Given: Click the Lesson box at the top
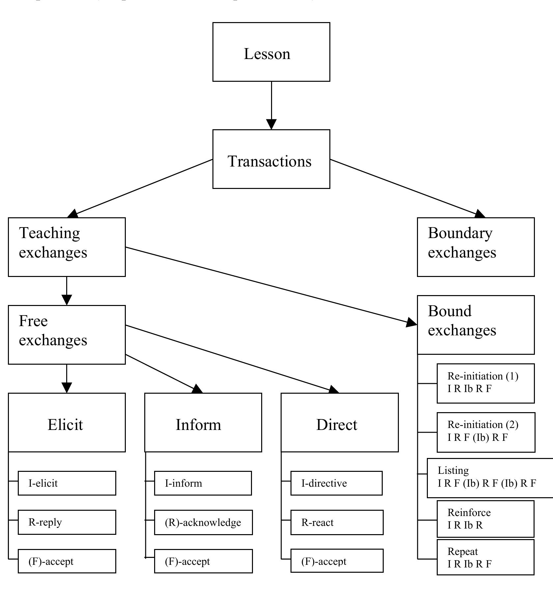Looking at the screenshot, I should click(271, 52).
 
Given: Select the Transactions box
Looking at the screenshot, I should click(271, 159).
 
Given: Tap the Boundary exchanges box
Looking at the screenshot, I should click(476, 247).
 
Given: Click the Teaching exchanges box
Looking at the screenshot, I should click(67, 247).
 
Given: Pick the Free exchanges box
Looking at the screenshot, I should click(67, 335).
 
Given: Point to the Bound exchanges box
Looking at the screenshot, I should click(476, 325).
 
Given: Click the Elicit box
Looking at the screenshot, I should click(67, 422).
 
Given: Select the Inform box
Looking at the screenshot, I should click(203, 422).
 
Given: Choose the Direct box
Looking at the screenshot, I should click(340, 422).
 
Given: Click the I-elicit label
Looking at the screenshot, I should click(43, 483).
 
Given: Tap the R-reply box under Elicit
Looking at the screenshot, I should click(67, 522).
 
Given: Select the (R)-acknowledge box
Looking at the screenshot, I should click(203, 523).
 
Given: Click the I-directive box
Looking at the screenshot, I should click(336, 483).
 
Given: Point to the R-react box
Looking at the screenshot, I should click(337, 523).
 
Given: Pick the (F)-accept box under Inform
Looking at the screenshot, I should click(203, 562).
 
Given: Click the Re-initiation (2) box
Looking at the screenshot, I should click(486, 432).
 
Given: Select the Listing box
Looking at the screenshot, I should click(489, 478).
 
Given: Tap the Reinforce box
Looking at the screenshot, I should click(485, 519).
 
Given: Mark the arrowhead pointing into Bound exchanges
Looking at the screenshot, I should click(412, 322).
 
